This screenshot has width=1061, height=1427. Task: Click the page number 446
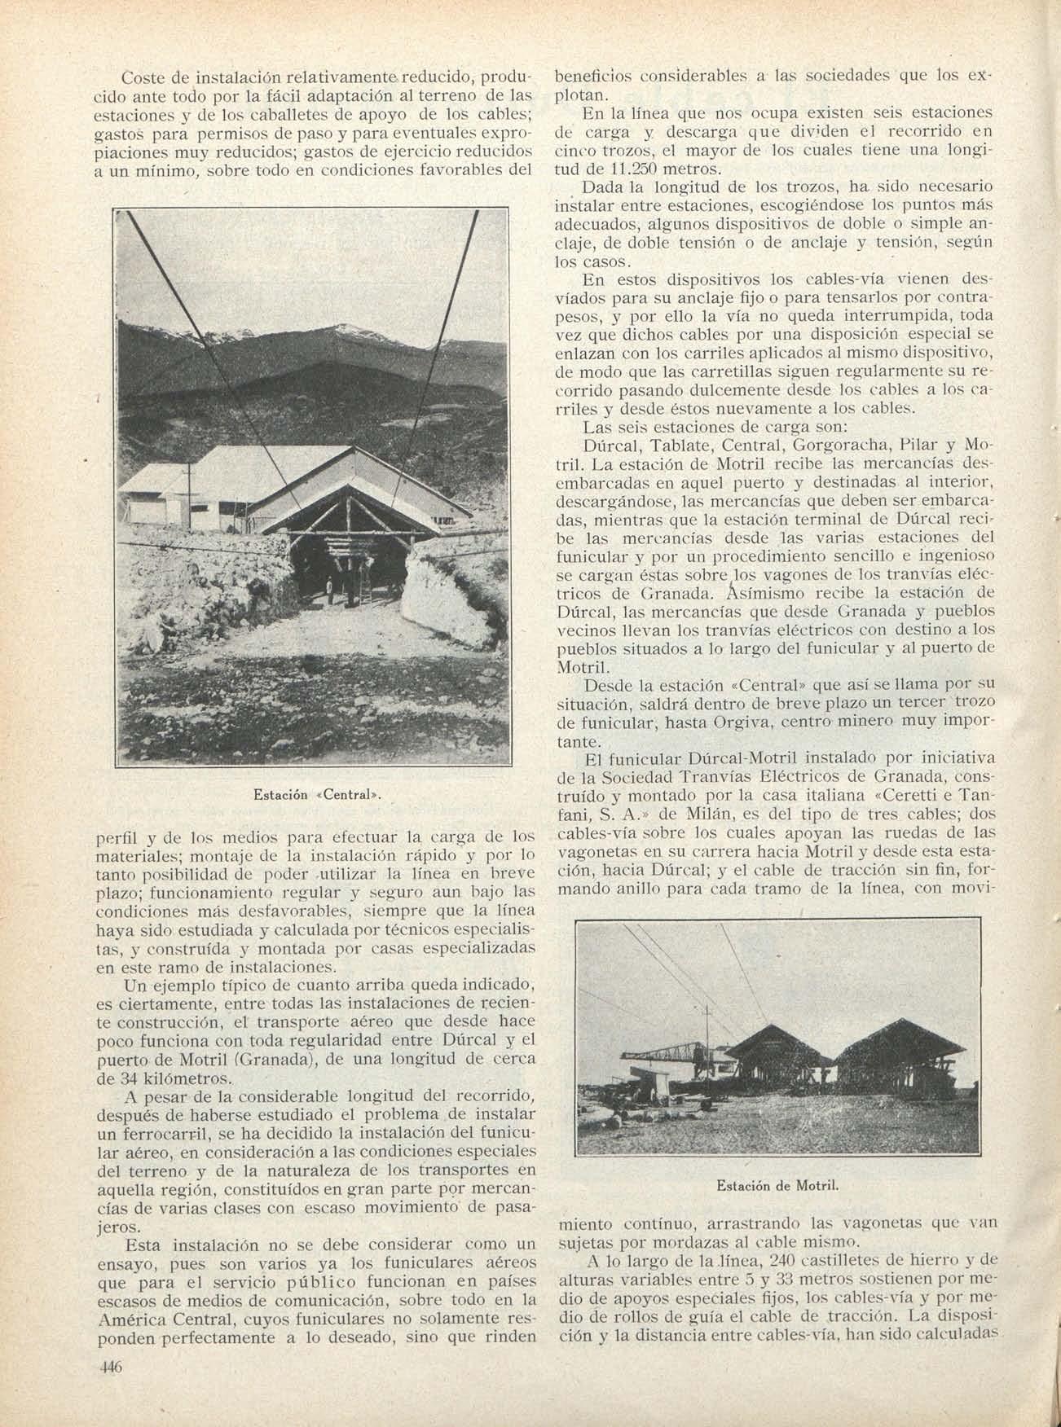tap(108, 1368)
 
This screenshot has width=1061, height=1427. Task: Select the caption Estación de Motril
tap(777, 1186)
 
